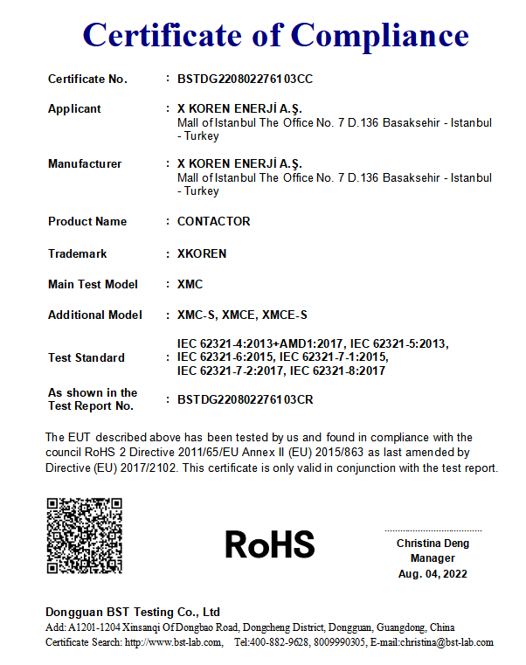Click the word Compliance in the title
(379, 35)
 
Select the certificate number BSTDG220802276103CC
(245, 80)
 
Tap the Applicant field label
(74, 109)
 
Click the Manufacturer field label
(85, 164)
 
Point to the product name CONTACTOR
(213, 222)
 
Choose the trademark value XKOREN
(202, 254)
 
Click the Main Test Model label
(93, 285)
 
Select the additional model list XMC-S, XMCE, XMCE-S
(242, 315)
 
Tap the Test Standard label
(87, 358)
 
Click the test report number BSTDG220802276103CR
(245, 400)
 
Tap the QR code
(84, 536)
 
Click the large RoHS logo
(270, 544)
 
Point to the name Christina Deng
(433, 544)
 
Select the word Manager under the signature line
(433, 558)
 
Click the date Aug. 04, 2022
(433, 574)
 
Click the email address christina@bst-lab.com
(446, 642)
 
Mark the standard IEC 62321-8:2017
(337, 371)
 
